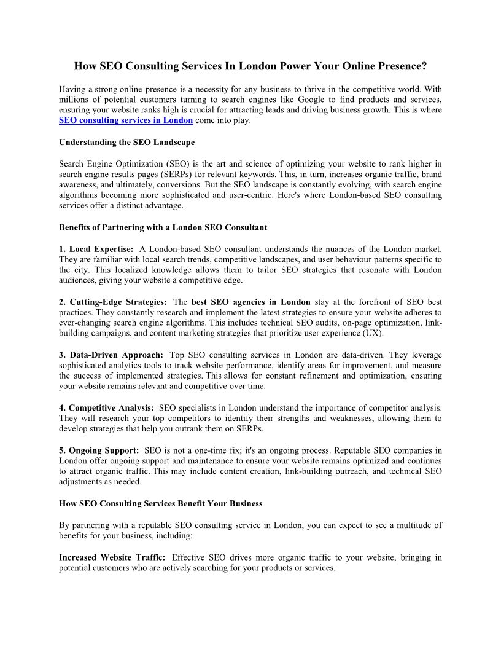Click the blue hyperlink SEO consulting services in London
126,120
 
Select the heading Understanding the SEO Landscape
126,143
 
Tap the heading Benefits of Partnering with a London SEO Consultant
163,227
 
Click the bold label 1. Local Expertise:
96,249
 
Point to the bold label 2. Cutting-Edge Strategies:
113,302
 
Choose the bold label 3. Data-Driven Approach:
111,355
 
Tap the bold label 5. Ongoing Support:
99,450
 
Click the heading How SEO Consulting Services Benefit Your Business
160,503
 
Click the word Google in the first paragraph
313,100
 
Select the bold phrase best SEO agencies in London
251,302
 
